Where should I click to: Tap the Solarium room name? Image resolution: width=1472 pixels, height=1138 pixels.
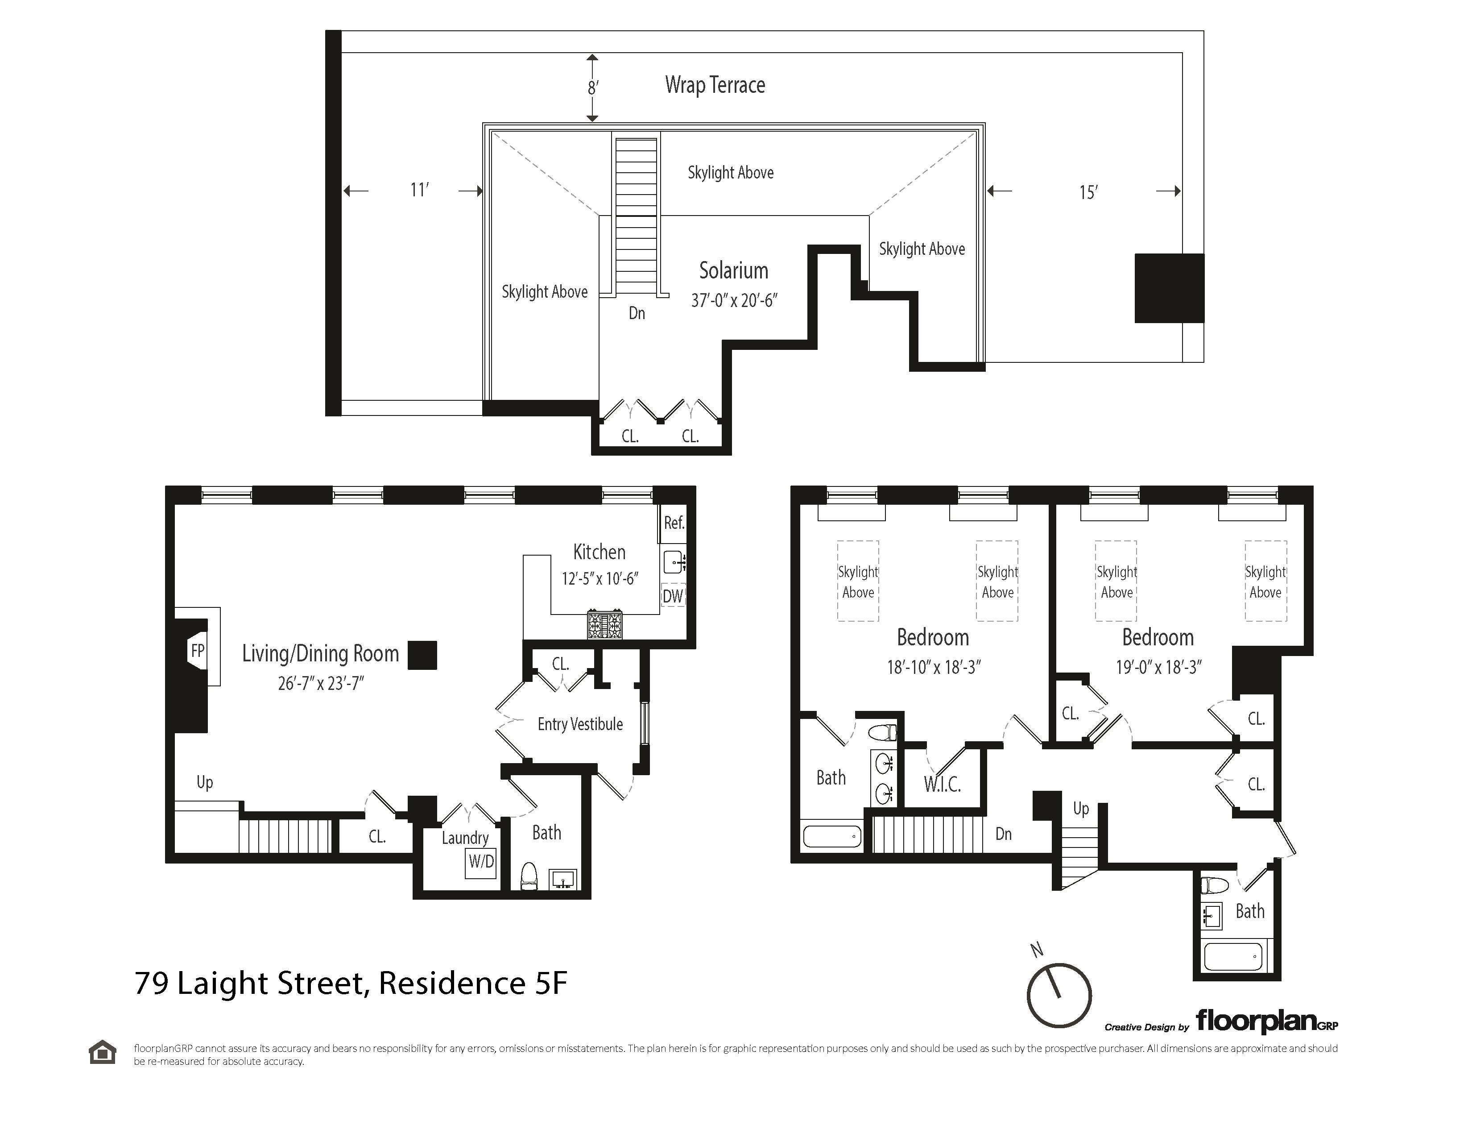click(733, 270)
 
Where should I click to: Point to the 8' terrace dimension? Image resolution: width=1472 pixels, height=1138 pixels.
click(592, 87)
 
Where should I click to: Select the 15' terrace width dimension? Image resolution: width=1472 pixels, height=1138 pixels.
click(1088, 193)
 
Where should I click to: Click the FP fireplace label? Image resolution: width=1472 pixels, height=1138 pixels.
click(198, 651)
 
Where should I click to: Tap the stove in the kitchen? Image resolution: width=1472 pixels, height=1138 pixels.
click(604, 624)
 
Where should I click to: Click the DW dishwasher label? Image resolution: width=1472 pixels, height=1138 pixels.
click(673, 596)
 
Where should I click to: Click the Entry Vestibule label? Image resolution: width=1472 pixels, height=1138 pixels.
click(579, 724)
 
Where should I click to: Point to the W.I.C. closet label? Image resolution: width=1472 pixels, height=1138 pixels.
click(942, 784)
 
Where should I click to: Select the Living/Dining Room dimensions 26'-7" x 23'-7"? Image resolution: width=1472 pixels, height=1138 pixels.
click(321, 684)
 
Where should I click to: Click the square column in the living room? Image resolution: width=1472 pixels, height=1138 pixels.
click(422, 655)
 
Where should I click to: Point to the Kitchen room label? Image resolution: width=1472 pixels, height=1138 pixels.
click(599, 552)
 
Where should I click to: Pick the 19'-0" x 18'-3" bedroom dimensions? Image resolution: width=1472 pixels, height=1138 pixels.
click(1158, 668)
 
